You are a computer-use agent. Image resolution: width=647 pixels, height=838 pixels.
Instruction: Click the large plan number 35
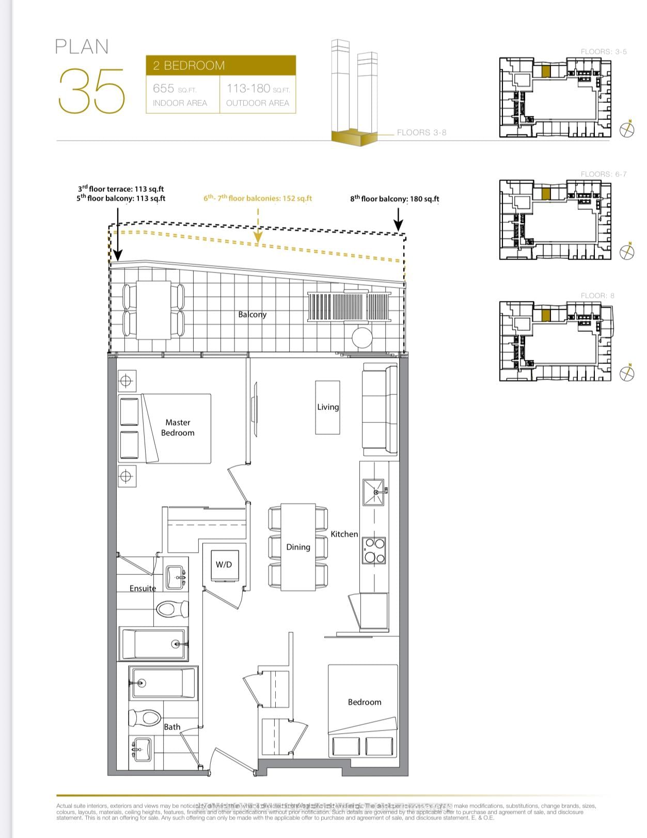[92, 92]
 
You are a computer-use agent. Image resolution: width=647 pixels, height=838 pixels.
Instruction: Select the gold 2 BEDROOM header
[220, 66]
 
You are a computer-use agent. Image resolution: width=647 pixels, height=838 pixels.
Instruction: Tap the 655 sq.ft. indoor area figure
[175, 88]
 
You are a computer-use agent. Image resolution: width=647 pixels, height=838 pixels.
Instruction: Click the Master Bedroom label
[178, 428]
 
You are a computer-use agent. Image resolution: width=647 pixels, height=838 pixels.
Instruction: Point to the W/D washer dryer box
[224, 565]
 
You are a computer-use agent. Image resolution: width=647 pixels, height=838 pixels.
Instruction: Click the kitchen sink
[373, 493]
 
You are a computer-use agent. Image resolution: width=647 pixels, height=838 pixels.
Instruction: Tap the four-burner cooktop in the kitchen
[374, 551]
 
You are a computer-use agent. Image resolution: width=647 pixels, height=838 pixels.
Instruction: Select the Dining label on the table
[298, 547]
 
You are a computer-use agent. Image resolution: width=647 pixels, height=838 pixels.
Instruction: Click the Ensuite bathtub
[153, 644]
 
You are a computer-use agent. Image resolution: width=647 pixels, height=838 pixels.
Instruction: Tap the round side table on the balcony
[362, 338]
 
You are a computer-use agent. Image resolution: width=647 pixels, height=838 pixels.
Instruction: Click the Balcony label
[252, 314]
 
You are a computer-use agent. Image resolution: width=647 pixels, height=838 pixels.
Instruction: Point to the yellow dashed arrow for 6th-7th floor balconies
[258, 227]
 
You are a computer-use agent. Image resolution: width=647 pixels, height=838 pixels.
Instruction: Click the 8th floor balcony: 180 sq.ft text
[394, 199]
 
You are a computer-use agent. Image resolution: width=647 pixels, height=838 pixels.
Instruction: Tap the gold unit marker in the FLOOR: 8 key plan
[546, 315]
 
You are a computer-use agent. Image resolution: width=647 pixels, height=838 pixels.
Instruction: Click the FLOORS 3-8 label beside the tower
[421, 132]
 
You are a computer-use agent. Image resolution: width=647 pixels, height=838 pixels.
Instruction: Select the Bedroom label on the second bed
[365, 702]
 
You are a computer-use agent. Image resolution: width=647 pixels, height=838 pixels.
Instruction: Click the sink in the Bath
[141, 748]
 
